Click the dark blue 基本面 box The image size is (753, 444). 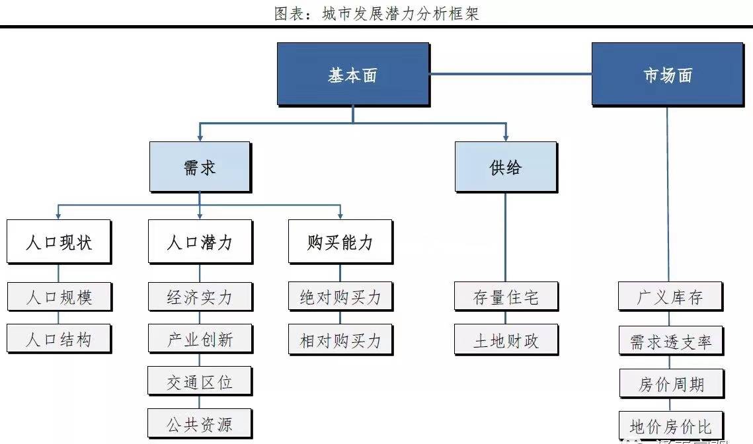coord(352,74)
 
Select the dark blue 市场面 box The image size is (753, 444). coord(666,74)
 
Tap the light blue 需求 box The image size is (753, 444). coord(200,166)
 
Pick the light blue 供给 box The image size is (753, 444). coord(505,166)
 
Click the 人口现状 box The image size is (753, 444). coord(59,242)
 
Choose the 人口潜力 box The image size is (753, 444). coord(200,242)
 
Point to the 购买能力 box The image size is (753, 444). coord(340,242)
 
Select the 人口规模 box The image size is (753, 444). coord(59,297)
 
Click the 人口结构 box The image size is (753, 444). coord(59,339)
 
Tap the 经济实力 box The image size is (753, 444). coord(200,297)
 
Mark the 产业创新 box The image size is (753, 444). coord(200,339)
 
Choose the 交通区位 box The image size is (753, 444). coord(200,381)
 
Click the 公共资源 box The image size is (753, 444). coord(200,424)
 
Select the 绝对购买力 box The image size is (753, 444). coord(340,297)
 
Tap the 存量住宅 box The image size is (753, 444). coord(506,297)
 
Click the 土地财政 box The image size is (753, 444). coord(506,340)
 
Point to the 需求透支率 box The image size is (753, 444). coord(670,341)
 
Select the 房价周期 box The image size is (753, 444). coord(670,383)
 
